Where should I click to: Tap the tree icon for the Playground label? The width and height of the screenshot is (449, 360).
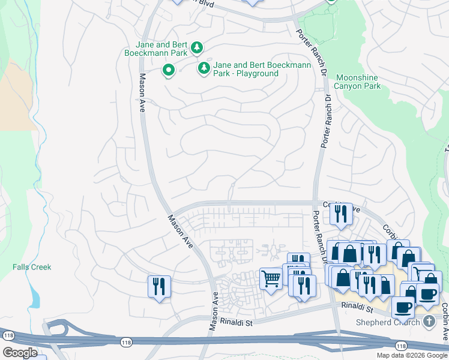click(x=204, y=69)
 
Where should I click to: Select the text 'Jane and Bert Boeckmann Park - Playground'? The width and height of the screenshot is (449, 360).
click(x=262, y=69)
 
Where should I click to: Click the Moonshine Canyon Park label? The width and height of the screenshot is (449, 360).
click(x=358, y=82)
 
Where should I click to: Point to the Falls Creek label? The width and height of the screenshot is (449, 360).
click(x=32, y=267)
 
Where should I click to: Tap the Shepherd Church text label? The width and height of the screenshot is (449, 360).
click(x=389, y=322)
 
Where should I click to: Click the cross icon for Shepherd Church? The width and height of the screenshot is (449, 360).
click(x=429, y=322)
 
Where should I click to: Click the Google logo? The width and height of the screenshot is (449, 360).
click(x=20, y=353)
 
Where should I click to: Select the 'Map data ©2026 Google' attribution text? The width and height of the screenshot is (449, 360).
click(x=411, y=355)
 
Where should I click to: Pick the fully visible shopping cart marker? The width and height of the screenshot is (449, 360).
click(x=271, y=279)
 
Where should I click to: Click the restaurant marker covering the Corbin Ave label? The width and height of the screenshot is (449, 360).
click(x=341, y=214)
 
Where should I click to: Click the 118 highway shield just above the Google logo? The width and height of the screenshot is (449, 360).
click(x=8, y=335)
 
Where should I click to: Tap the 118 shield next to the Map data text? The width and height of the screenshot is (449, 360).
click(x=400, y=345)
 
